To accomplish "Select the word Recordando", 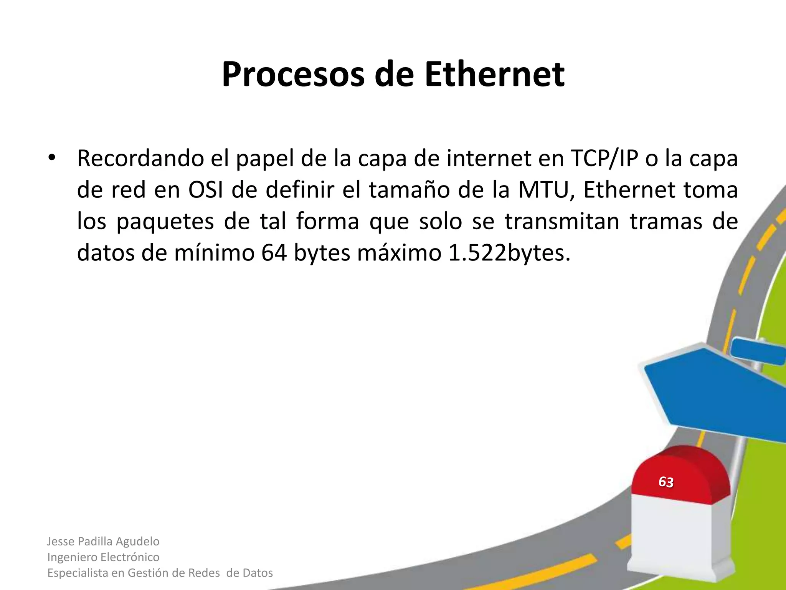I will [x=140, y=158].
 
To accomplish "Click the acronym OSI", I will [x=206, y=190].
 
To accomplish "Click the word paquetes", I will [x=165, y=222].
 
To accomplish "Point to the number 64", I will [x=274, y=253].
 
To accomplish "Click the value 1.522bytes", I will [x=509, y=253].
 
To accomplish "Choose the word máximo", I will [x=400, y=253].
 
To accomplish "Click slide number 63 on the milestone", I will [x=666, y=482].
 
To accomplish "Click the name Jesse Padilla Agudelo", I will [x=103, y=541].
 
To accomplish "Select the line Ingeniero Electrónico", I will [x=103, y=557].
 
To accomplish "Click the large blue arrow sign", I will [x=714, y=396].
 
